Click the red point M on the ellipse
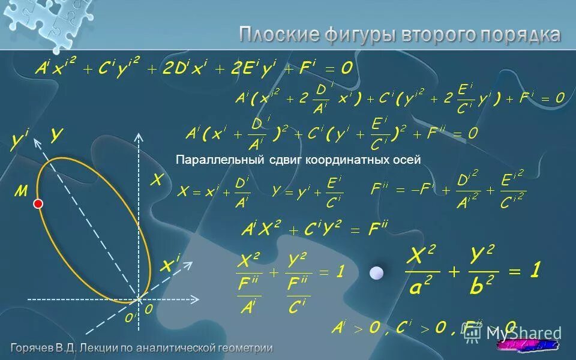[x=38, y=205]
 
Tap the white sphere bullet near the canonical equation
[x=376, y=272]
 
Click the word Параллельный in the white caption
[x=210, y=160]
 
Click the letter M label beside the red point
[x=22, y=192]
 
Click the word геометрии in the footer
[x=245, y=347]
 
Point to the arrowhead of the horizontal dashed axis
[x=196, y=299]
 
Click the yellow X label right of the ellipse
[x=156, y=181]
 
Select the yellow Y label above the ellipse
[x=56, y=137]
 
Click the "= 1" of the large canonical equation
[x=524, y=271]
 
